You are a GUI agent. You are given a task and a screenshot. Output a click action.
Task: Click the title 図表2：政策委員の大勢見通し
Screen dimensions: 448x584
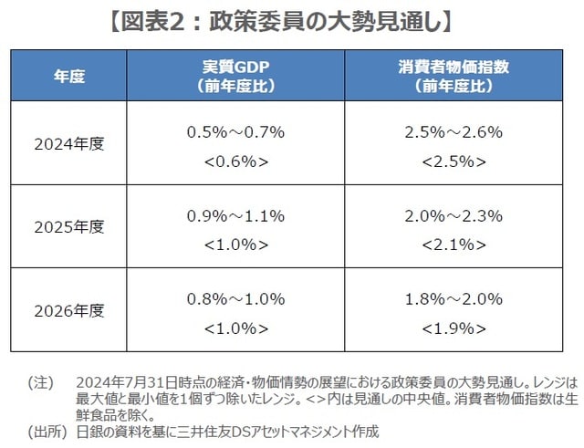click(x=291, y=20)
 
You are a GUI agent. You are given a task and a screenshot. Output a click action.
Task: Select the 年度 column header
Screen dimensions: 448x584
click(x=69, y=76)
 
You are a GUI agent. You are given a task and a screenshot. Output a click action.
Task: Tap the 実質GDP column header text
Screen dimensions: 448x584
click(x=236, y=67)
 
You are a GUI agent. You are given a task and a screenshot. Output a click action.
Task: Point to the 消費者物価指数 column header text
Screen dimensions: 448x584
click(x=453, y=67)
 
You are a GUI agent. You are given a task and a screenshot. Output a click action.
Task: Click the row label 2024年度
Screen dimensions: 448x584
click(x=69, y=143)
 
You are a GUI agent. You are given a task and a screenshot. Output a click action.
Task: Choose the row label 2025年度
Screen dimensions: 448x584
click(x=69, y=226)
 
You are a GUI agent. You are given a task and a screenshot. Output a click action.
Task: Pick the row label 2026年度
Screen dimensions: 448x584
click(x=69, y=309)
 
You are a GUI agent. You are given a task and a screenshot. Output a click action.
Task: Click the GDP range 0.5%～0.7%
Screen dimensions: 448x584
click(x=235, y=131)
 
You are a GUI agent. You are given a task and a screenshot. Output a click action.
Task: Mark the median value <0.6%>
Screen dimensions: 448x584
click(x=235, y=161)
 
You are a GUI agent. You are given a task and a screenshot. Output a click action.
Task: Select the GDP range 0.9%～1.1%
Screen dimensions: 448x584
click(x=235, y=215)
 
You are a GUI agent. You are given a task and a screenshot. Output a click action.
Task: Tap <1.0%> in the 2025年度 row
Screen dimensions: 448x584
click(x=235, y=245)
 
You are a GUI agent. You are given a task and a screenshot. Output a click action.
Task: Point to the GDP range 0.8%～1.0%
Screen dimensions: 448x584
click(x=235, y=298)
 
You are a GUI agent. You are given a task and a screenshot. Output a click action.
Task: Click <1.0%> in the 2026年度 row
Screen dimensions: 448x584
click(x=235, y=328)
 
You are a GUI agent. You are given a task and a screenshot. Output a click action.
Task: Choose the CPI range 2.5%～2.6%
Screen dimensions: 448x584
click(x=453, y=131)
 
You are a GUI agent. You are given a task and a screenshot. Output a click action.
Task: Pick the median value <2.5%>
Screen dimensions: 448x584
click(x=453, y=161)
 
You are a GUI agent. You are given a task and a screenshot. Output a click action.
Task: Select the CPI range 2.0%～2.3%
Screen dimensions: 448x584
click(x=453, y=215)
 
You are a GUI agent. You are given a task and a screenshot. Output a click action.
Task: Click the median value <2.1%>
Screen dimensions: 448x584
click(x=453, y=245)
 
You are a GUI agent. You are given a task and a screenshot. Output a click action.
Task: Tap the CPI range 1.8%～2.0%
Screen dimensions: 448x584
click(x=453, y=298)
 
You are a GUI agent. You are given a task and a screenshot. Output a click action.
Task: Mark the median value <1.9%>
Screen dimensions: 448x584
click(x=453, y=328)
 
